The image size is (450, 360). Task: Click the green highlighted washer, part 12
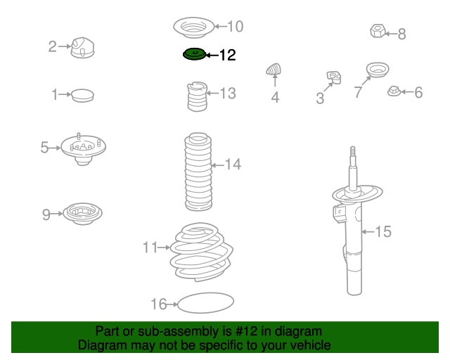coord(194,54)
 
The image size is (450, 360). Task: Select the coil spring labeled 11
coord(202,252)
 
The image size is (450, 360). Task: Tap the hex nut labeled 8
coord(377,31)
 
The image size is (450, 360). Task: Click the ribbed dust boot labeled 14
coord(198,172)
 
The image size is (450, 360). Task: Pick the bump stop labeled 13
coord(197,97)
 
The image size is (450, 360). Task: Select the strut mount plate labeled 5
coord(83,148)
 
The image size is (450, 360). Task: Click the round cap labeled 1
coord(82,96)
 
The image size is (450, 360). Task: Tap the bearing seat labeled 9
coord(82,214)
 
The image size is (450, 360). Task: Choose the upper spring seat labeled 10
coord(194,27)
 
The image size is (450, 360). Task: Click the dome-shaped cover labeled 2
coord(82,47)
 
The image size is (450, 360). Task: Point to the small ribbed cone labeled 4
coord(274,69)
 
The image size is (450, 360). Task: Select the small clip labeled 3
coord(334,77)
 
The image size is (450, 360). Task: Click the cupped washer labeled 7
coord(378,70)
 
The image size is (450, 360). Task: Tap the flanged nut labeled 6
coord(394,91)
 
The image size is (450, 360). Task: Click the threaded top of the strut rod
coord(353,155)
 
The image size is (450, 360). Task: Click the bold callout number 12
coord(228,55)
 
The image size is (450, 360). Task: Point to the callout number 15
coord(383,231)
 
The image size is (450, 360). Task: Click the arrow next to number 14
coord(217,165)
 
